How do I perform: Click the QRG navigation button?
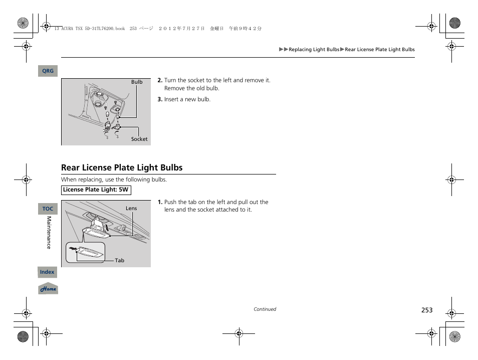coord(48,71)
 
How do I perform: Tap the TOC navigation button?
coord(48,209)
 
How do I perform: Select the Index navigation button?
coord(47,272)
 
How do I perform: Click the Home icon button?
coord(48,289)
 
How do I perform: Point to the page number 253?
coord(426,310)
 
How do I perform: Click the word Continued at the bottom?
coord(265,309)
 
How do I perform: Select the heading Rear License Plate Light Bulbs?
coord(122,167)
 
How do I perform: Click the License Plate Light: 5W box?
coord(96,190)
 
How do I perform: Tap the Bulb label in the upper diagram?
coord(137,82)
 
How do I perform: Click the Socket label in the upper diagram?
coord(139,139)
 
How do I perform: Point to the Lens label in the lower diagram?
coord(131,209)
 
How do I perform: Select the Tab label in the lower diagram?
coord(120,261)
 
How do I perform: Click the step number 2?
coord(160,80)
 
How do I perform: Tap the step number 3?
coord(160,99)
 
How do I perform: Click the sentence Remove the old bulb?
coord(191,88)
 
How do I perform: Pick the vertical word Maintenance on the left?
coord(49,233)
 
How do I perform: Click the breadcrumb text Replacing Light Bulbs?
coord(314,50)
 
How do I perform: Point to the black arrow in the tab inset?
coord(74,248)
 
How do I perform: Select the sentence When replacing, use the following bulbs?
coord(114,179)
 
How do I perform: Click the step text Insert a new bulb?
coord(187,99)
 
